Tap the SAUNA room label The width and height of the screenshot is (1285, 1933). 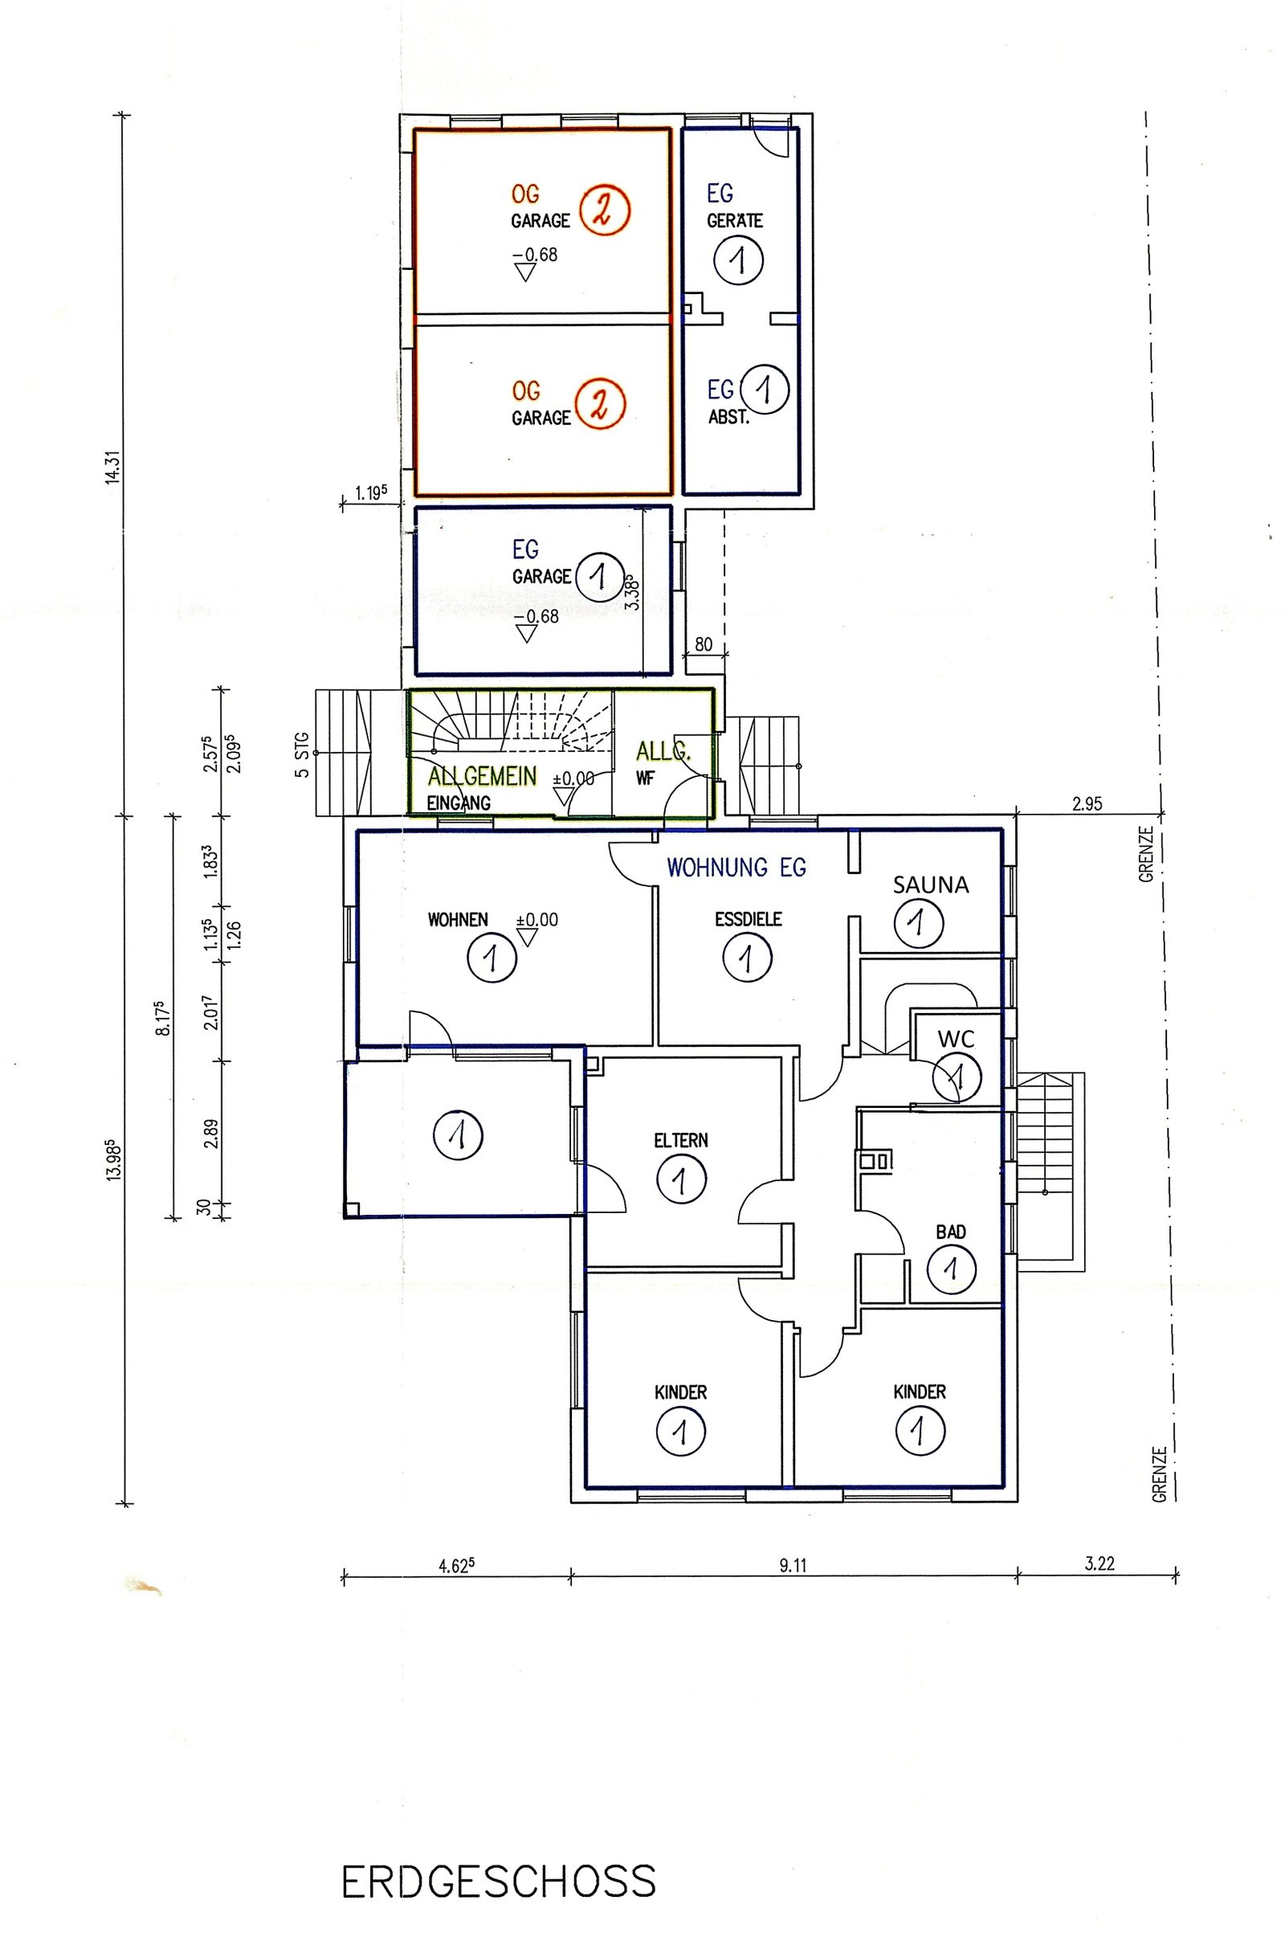click(x=930, y=885)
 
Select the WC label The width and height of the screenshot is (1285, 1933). click(x=956, y=1040)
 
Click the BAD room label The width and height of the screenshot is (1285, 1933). click(x=951, y=1232)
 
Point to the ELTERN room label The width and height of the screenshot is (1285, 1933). click(x=680, y=1140)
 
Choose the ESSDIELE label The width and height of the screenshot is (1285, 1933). click(x=748, y=919)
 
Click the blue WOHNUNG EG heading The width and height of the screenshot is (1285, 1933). click(x=736, y=868)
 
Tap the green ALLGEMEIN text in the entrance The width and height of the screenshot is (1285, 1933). click(x=482, y=775)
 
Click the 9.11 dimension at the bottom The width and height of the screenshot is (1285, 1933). click(x=793, y=1566)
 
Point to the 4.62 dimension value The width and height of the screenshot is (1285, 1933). click(x=456, y=1566)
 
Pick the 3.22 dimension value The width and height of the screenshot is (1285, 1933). click(x=1099, y=1563)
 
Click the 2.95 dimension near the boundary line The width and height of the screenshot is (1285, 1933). click(x=1087, y=804)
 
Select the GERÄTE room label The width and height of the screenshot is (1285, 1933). click(x=734, y=220)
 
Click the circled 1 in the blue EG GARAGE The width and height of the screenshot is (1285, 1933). click(x=599, y=576)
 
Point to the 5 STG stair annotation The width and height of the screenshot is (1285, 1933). click(x=303, y=754)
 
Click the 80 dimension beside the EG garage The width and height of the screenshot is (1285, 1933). click(x=704, y=644)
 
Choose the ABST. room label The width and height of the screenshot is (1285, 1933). click(x=728, y=417)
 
